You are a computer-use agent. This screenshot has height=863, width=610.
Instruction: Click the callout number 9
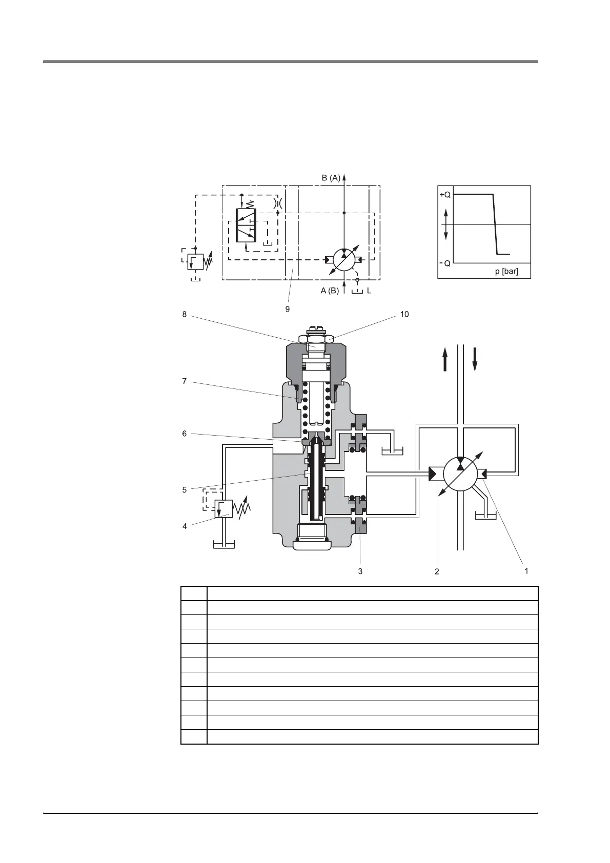[288, 309]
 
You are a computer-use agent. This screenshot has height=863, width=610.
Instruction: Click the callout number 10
[404, 314]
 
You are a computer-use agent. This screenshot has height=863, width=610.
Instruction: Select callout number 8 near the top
[185, 314]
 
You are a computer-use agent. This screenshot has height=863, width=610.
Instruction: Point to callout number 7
[185, 381]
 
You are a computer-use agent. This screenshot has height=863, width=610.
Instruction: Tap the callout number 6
[185, 434]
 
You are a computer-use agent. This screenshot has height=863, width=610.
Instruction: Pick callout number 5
[185, 490]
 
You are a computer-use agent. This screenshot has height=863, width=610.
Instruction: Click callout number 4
[185, 526]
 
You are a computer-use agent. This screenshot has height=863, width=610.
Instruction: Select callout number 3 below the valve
[360, 571]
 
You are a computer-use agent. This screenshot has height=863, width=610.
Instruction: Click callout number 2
[437, 571]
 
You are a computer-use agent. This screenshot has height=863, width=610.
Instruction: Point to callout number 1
[526, 570]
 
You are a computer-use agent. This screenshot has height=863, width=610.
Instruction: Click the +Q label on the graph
[445, 195]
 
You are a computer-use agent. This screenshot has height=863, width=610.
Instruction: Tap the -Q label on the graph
[445, 263]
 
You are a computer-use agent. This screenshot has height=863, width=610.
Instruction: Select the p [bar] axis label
[506, 271]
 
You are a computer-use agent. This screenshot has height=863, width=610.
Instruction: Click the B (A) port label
[331, 178]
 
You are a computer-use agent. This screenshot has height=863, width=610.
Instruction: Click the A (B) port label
[330, 291]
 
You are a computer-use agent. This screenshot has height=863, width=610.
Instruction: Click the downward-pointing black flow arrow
[475, 358]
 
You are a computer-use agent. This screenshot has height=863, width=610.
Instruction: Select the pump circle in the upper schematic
[344, 259]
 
